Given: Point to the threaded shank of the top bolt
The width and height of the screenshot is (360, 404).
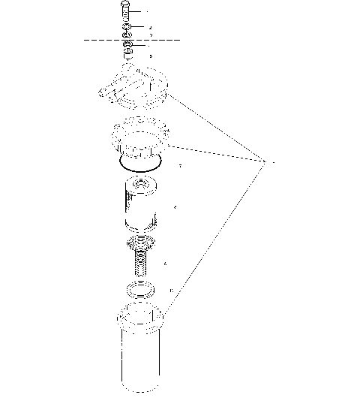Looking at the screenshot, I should pyautogui.click(x=125, y=17).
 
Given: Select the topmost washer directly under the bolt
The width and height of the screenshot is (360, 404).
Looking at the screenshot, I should pyautogui.click(x=127, y=28).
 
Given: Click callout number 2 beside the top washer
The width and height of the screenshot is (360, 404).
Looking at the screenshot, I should pyautogui.click(x=151, y=28).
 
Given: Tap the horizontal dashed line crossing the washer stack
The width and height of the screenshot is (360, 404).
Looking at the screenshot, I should pyautogui.click(x=97, y=41).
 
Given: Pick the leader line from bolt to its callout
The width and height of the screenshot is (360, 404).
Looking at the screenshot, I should pyautogui.click(x=139, y=12).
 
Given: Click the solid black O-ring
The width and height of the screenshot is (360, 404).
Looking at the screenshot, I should pyautogui.click(x=140, y=163).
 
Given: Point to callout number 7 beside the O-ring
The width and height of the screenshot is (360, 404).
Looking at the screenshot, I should pyautogui.click(x=179, y=165).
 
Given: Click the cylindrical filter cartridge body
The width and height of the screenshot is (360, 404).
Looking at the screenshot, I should pyautogui.click(x=141, y=207).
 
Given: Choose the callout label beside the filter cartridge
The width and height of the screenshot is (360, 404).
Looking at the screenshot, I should pyautogui.click(x=175, y=207).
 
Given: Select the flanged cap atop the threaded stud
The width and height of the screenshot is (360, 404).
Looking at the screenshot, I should pyautogui.click(x=140, y=244).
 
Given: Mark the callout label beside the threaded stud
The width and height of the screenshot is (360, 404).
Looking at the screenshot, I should pyautogui.click(x=165, y=264).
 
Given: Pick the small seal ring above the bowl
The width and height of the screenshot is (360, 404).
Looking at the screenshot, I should pyautogui.click(x=140, y=290).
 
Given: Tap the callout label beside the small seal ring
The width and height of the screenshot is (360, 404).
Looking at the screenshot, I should pyautogui.click(x=172, y=290).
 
